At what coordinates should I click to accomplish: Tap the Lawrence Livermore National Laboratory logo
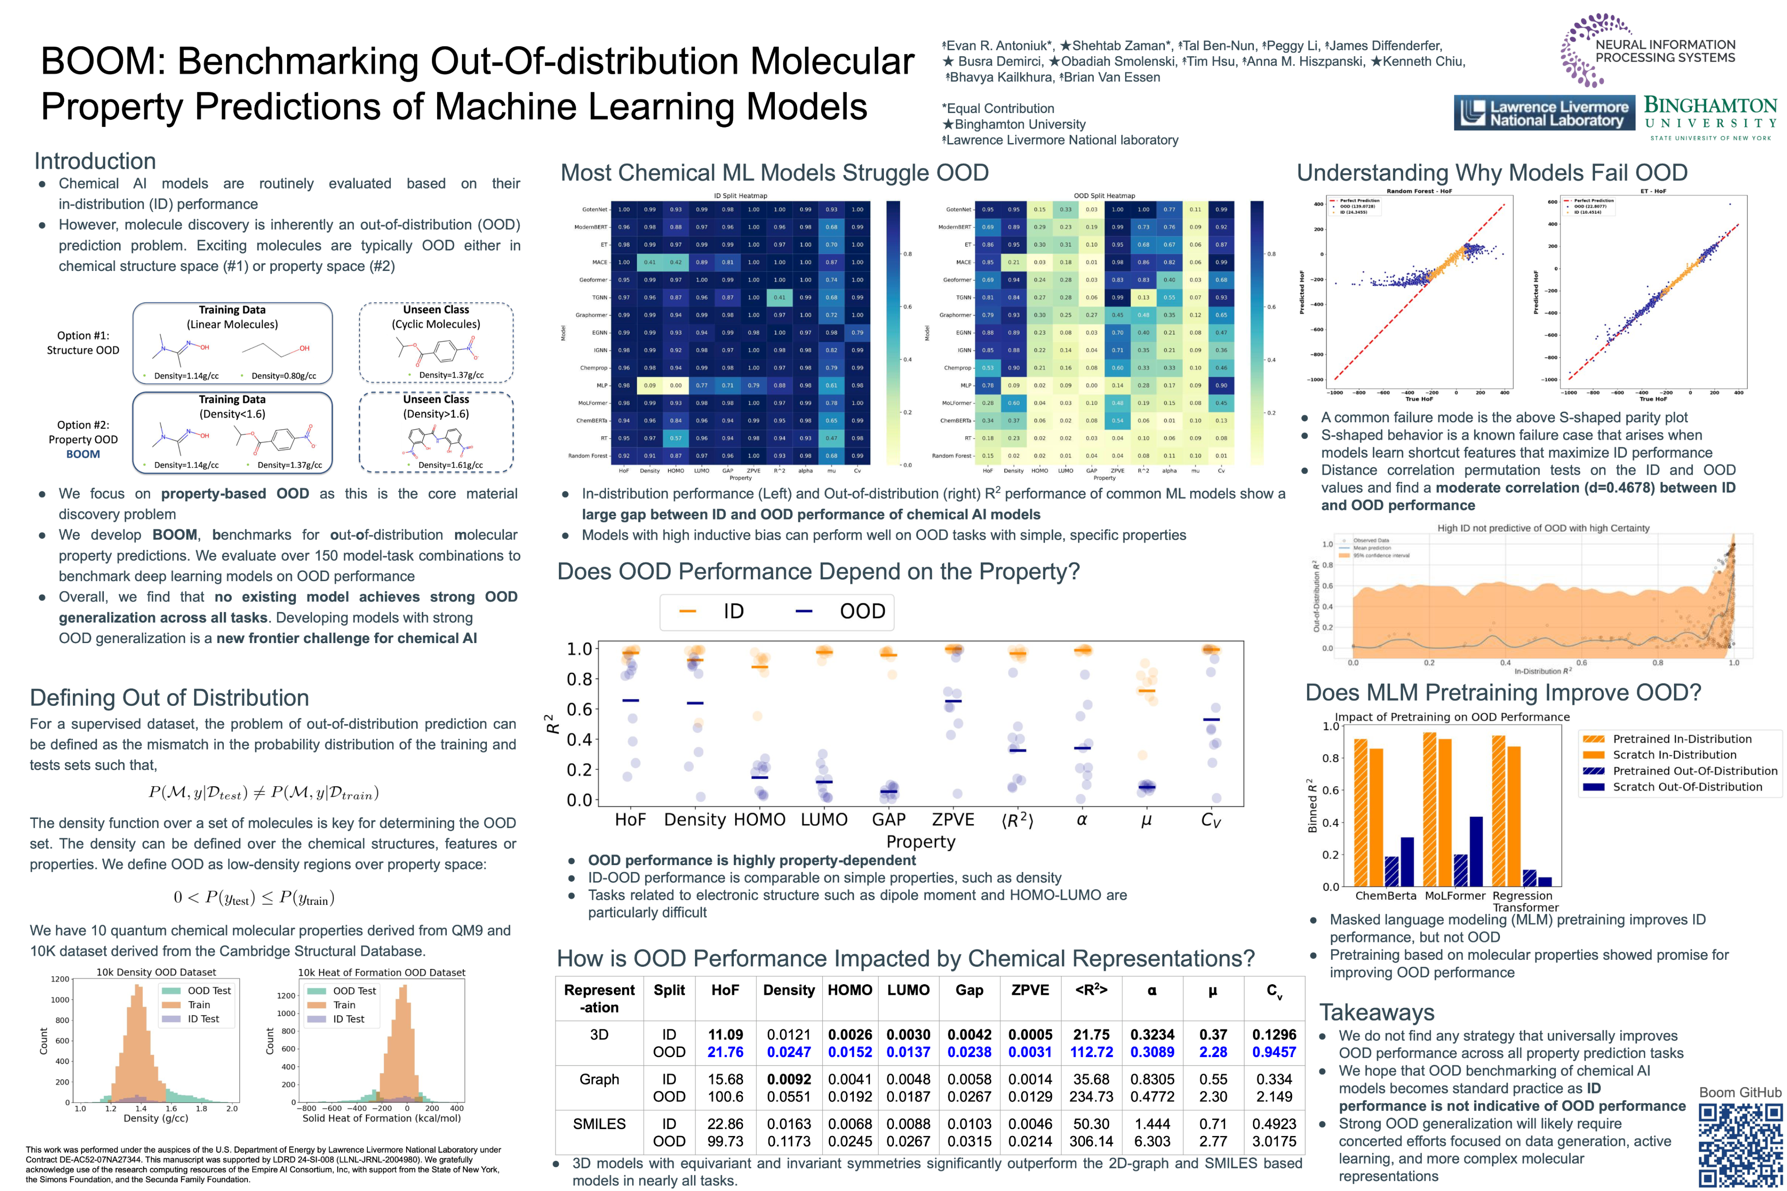tap(1544, 113)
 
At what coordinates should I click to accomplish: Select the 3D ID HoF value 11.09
tap(725, 1035)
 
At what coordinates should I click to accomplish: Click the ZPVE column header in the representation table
tap(1030, 990)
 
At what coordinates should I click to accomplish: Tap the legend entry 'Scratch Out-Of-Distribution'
tap(1687, 787)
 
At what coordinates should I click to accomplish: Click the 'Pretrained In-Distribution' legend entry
tap(1682, 739)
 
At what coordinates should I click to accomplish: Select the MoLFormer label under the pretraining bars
tap(1454, 896)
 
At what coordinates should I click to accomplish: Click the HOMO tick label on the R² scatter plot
tap(759, 820)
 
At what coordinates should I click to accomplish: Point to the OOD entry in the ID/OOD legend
tap(862, 612)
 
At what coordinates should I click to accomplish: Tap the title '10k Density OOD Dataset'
tap(156, 972)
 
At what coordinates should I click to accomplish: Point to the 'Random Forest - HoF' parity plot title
tap(1419, 191)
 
